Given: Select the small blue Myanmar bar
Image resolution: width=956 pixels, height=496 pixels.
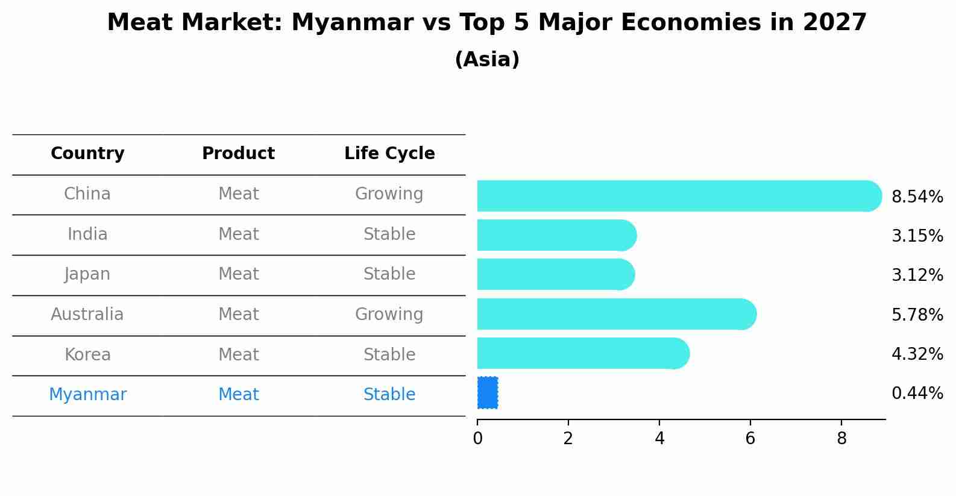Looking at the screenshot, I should pos(488,393).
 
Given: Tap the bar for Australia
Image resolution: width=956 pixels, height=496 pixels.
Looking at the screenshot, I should pos(615,314).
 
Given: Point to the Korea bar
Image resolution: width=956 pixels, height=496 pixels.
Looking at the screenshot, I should pos(582,353).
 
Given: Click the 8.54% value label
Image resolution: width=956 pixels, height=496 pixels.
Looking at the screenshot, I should pos(917,197).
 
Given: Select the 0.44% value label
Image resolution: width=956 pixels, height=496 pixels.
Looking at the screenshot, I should pos(917,394).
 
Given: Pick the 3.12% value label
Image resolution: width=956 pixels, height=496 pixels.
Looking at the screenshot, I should pos(917,275).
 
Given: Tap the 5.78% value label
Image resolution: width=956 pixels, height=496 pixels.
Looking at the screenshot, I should pos(917,315).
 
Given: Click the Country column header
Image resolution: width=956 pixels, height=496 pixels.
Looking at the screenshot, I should pos(87,154).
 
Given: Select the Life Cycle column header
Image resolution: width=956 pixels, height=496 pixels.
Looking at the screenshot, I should pos(389,154).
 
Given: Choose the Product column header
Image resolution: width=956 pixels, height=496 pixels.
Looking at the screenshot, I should pos(238,154).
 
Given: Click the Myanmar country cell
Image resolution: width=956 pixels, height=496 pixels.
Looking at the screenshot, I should pos(87,395).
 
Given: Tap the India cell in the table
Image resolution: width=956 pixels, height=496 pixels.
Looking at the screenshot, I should pos(87,234).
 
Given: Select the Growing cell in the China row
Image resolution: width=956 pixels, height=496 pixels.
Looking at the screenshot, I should pos(389,194).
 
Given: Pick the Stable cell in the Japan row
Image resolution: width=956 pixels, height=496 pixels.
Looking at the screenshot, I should pos(389,274).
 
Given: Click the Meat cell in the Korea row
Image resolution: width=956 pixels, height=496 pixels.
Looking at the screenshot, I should pos(238,354).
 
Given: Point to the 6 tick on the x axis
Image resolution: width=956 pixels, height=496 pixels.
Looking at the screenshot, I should pos(750,439).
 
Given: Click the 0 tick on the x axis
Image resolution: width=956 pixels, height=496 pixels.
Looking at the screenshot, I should pos(477,439).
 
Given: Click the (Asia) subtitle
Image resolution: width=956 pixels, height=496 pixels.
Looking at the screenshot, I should pos(487,60).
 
